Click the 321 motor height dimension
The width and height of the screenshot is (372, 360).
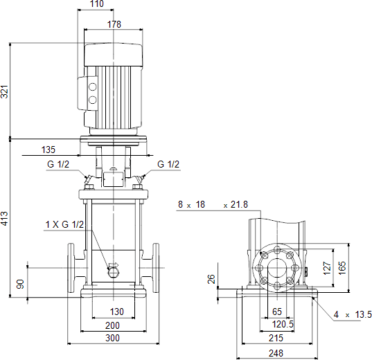[x=5, y=91]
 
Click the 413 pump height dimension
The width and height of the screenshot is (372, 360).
[x=5, y=218]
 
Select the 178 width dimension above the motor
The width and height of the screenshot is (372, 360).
[x=114, y=24]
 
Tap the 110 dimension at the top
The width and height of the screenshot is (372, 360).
[x=97, y=4]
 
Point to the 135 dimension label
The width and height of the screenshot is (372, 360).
[x=48, y=150]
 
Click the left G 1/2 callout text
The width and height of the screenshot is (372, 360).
[x=58, y=164]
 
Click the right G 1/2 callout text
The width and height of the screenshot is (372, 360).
[x=168, y=164]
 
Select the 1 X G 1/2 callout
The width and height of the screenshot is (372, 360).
[x=64, y=224]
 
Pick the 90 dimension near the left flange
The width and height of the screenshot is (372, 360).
[x=20, y=284]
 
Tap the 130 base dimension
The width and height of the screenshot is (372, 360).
[x=116, y=312]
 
